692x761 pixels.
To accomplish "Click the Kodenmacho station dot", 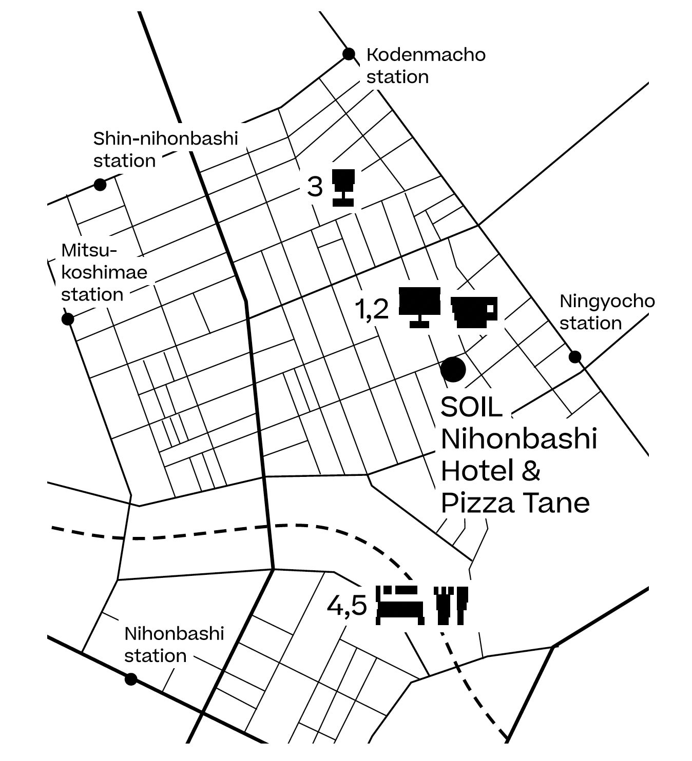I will pyautogui.click(x=349, y=54).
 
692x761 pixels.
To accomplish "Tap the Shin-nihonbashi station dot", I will pyautogui.click(x=100, y=185).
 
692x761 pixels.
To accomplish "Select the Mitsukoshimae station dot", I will pyautogui.click(x=67, y=319).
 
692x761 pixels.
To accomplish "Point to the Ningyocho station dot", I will pyautogui.click(x=575, y=356).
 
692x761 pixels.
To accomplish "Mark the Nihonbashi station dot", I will pyautogui.click(x=131, y=679).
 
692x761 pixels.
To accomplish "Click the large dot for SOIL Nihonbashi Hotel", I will pyautogui.click(x=453, y=369).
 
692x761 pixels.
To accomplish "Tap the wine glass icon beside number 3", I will pyautogui.click(x=343, y=188).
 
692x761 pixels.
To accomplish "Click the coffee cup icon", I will pyautogui.click(x=474, y=311).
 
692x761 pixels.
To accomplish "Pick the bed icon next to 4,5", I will pyautogui.click(x=401, y=605).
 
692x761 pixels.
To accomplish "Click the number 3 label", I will pyautogui.click(x=315, y=187).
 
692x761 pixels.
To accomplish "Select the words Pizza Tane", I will pyautogui.click(x=515, y=503).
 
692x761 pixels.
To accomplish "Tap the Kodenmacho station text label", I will pyautogui.click(x=425, y=65).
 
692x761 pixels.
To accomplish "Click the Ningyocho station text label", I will pyautogui.click(x=606, y=312).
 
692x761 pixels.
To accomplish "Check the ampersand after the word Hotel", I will pyautogui.click(x=531, y=471).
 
